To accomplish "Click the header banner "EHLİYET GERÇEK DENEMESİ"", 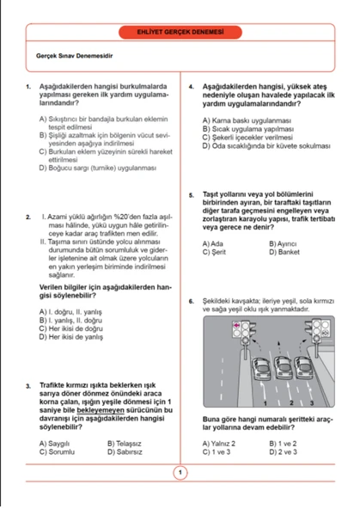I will point(180,32).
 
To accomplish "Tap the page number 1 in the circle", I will point(180,472).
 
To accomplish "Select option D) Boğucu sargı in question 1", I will point(95,169).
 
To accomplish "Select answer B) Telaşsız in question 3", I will point(125,443).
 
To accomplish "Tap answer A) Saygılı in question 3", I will point(56,443).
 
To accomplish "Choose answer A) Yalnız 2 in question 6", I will point(218,443).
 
